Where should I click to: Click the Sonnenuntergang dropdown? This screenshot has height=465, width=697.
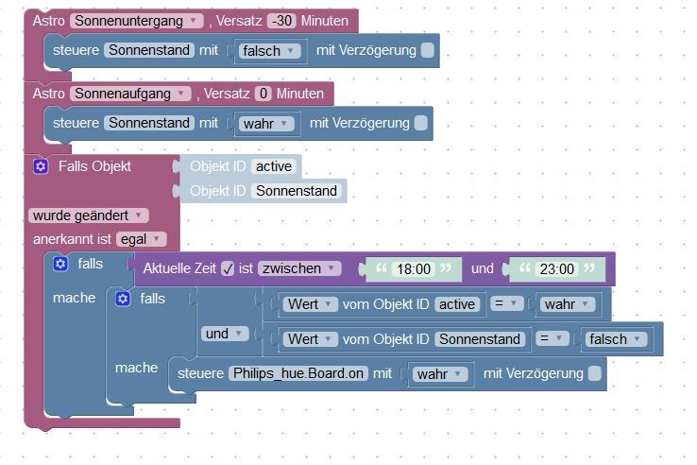click(136, 21)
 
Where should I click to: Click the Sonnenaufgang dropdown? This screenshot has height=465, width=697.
click(131, 94)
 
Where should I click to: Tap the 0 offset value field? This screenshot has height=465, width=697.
click(263, 94)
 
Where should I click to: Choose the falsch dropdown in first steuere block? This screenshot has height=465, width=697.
click(268, 51)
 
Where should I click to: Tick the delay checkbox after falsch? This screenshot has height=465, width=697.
click(428, 50)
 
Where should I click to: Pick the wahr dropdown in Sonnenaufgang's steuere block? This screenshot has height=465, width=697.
click(266, 124)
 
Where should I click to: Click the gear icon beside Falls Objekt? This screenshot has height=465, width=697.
click(40, 166)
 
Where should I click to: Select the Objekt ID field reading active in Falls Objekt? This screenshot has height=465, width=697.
click(274, 167)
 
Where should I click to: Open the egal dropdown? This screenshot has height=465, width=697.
click(142, 239)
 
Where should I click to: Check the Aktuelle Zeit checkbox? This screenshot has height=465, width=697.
click(227, 268)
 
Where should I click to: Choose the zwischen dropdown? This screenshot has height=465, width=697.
click(299, 268)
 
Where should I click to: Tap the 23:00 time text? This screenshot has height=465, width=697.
click(554, 268)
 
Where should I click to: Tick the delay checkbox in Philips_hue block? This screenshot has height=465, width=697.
click(594, 373)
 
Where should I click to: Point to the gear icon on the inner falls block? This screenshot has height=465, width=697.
click(121, 299)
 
